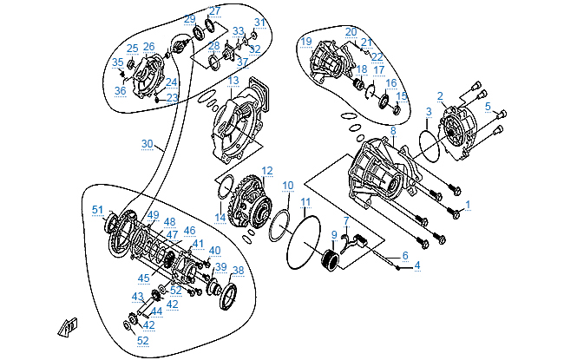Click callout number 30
147,143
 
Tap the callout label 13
234,80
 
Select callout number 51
98,209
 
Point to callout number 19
306,41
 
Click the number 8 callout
393,131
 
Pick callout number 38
239,270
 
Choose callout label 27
214,10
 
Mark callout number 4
416,265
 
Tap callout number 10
288,185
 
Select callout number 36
120,90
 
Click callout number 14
220,217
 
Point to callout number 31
259,23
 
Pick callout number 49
154,215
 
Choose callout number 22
377,57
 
